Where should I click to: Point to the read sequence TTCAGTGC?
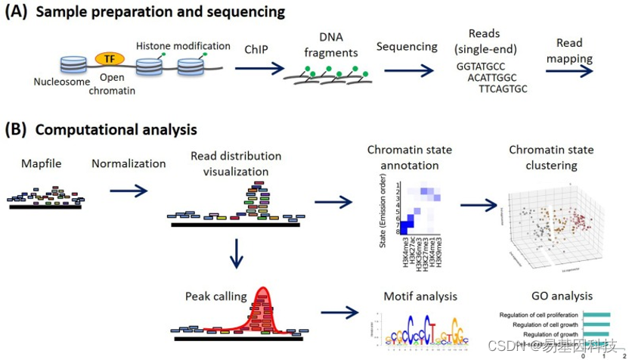tap(503, 88)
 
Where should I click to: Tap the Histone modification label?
tap(183, 46)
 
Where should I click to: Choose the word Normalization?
tap(129, 163)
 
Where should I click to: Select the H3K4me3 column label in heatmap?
tap(407, 253)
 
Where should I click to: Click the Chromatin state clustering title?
tap(553, 157)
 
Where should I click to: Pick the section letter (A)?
tap(17, 12)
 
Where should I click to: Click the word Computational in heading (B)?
tap(75, 130)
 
